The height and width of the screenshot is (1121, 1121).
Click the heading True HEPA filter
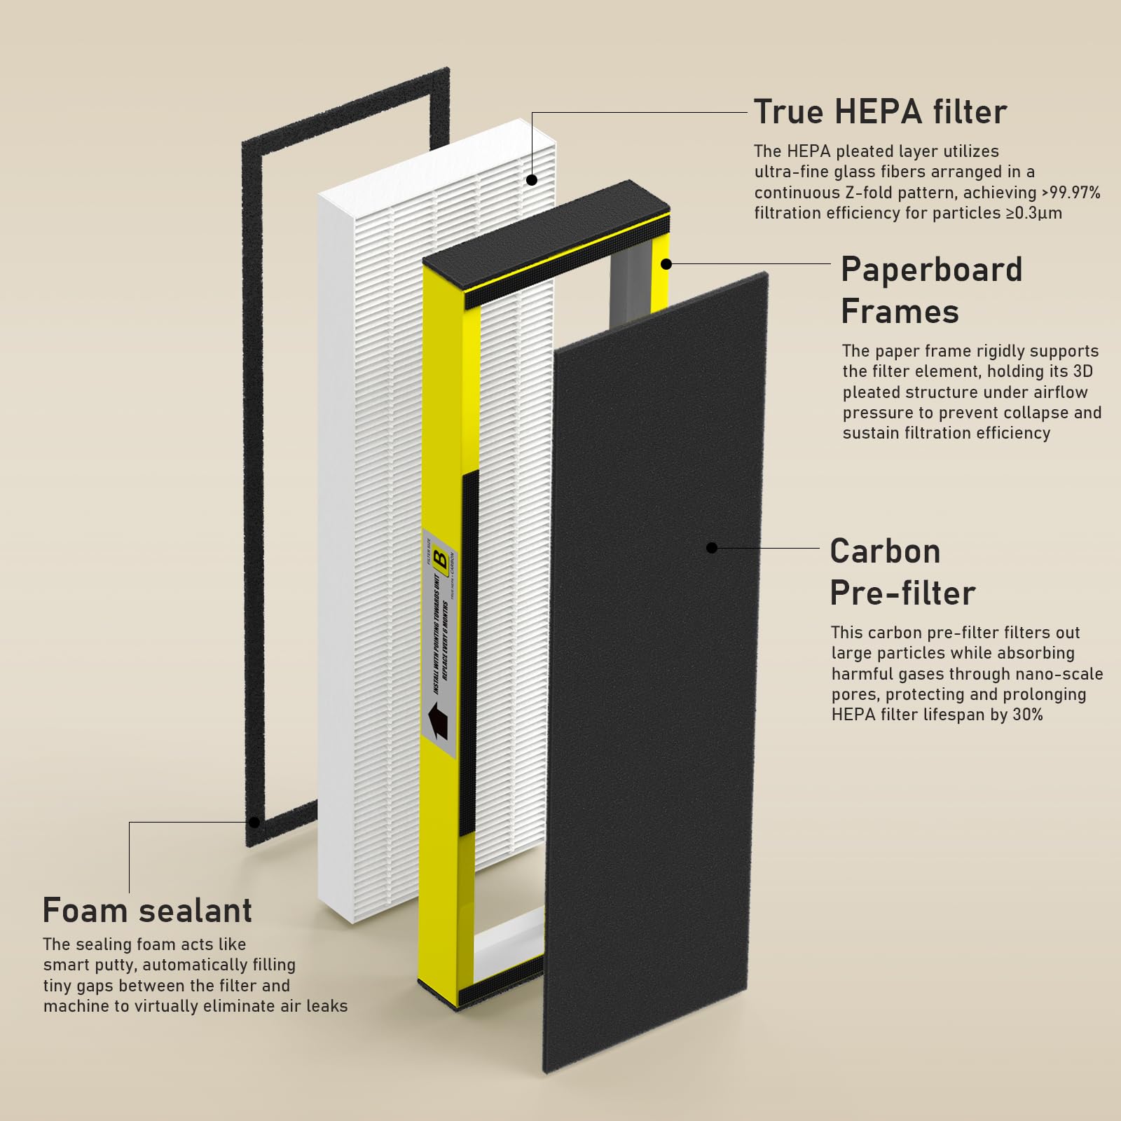(880, 112)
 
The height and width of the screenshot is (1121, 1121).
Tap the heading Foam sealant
(147, 910)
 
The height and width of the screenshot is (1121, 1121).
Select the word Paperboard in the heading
(931, 270)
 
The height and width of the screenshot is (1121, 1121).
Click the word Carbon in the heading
(885, 551)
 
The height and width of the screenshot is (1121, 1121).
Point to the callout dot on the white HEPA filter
(532, 180)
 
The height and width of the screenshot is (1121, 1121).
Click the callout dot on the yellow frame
(666, 264)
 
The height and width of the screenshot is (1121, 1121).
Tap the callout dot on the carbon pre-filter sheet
(712, 548)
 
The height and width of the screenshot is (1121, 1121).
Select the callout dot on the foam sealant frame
(254, 822)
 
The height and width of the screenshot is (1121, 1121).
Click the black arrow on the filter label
(437, 722)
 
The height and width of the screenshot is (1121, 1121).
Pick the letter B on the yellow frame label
(441, 560)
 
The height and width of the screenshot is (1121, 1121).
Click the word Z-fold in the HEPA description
(862, 193)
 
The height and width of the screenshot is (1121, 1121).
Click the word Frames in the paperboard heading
(900, 312)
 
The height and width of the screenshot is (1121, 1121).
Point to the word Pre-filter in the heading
(902, 593)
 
